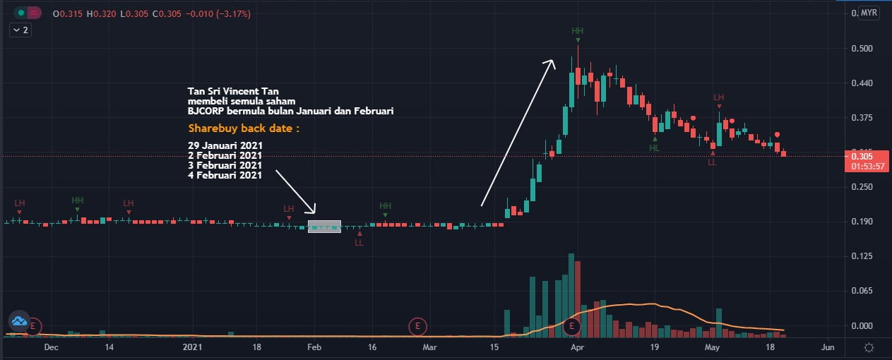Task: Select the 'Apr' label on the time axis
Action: point(577,347)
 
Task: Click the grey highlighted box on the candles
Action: point(324,227)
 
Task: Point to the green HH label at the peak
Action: point(578,31)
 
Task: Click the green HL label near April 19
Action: point(655,148)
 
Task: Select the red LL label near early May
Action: point(712,162)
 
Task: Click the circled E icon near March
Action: point(418,326)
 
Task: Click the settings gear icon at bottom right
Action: point(869,347)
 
